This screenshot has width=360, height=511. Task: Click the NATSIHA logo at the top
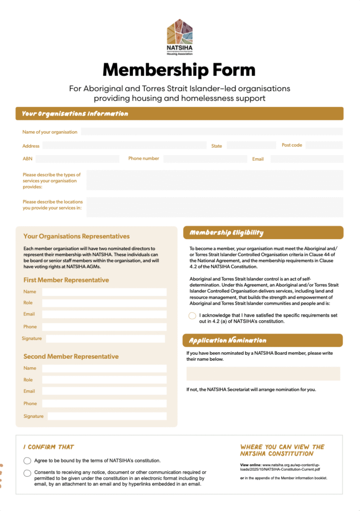180,36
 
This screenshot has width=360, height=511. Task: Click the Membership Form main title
179,69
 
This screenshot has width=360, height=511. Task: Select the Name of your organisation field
212,132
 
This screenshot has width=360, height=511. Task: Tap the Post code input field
324,145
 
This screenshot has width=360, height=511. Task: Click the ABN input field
77,159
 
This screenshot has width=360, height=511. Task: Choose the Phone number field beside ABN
205,159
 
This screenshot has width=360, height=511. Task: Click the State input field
251,145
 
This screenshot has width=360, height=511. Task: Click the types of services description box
215,180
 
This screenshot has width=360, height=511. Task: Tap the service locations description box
215,207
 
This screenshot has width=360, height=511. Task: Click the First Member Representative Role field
104,303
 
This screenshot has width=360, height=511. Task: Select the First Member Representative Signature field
105,338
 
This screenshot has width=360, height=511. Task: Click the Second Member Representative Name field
104,368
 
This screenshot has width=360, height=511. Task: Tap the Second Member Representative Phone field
104,403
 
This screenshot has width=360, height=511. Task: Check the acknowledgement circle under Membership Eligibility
192,316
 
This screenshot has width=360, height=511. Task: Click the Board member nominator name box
263,374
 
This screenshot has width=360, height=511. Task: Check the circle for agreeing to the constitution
27,460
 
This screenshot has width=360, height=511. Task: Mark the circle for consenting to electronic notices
27,473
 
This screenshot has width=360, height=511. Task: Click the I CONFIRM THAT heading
48,447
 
